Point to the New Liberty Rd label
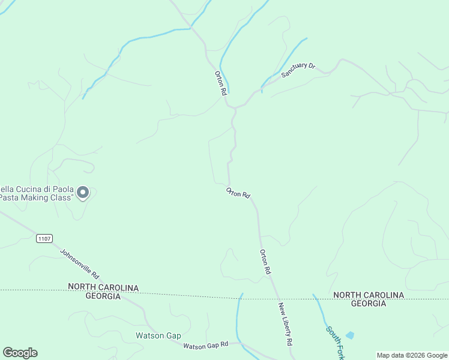pos(285,323)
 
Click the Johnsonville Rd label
pos(80,263)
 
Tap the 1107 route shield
pos(44,238)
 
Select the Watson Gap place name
pos(158,335)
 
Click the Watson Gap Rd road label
pos(206,345)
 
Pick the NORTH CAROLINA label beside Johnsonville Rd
pos(103,288)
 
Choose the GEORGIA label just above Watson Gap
pos(103,296)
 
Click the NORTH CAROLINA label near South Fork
pos(369,295)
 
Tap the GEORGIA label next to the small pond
pos(368,304)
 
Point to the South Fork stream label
pos(334,338)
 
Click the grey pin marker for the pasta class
pos(83,193)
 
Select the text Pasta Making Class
pos(37,197)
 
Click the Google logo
pos(20,353)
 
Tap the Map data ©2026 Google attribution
pos(411,355)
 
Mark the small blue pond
pos(350,335)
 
